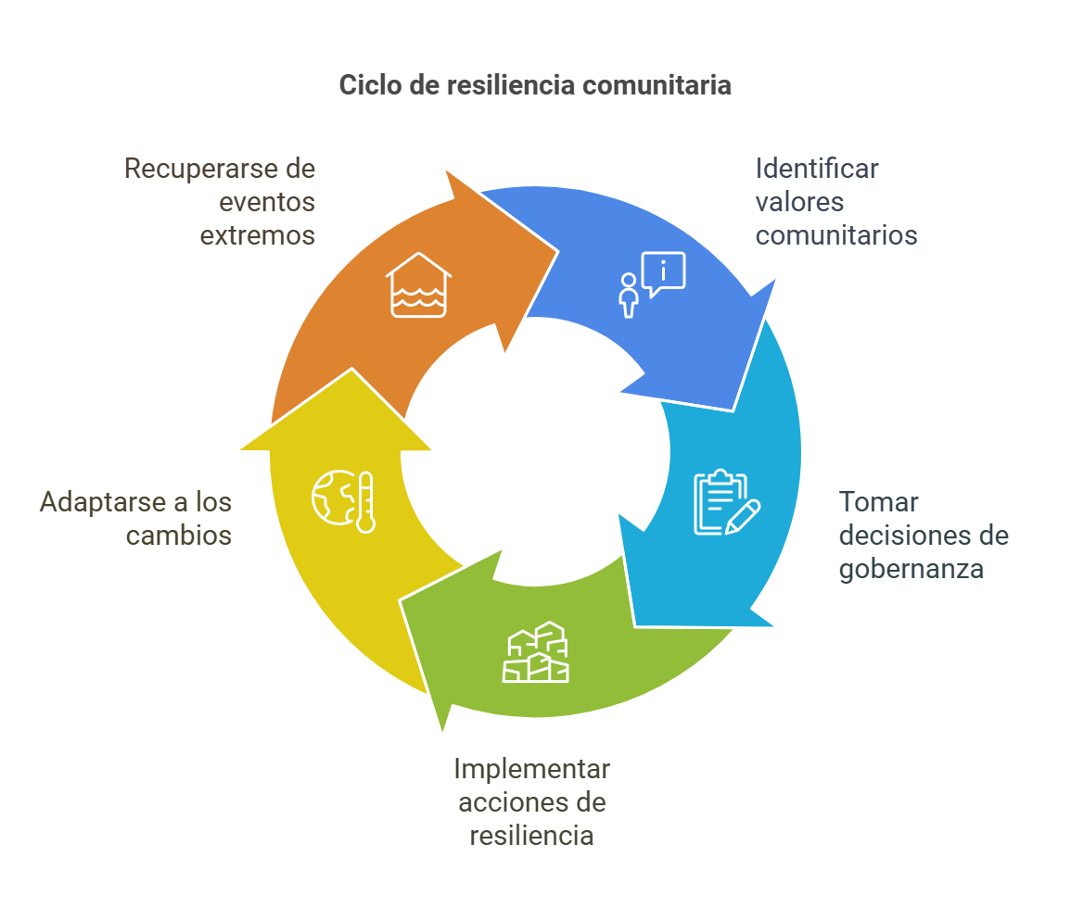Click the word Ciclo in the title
(x=365, y=85)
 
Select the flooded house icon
(x=418, y=284)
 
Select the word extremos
(x=258, y=235)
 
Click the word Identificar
(x=817, y=170)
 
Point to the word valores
(x=799, y=202)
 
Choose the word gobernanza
(x=911, y=568)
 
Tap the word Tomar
(x=878, y=502)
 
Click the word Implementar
(x=531, y=769)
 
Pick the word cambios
(x=179, y=536)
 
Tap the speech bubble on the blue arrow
(x=663, y=272)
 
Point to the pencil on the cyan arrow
(x=744, y=516)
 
